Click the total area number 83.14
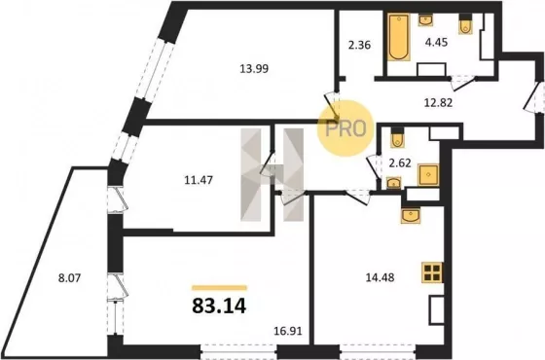219,306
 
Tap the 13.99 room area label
254,69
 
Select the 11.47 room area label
199,180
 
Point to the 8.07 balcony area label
69,278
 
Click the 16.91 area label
288,331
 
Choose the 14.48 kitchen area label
380,277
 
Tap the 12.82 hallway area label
438,102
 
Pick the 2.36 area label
359,45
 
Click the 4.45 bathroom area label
436,43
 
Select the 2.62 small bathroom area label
400,162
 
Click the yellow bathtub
399,37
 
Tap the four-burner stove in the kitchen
432,272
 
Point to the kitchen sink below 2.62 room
411,215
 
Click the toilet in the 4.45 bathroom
465,24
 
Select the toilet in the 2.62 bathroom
397,138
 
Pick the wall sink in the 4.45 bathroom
425,19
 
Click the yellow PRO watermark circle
345,128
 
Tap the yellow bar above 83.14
219,288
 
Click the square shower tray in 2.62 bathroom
428,175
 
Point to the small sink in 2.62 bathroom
394,183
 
